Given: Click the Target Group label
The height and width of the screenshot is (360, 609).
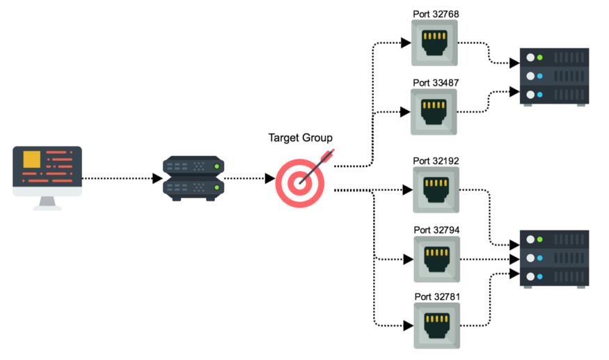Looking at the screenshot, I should (301, 137).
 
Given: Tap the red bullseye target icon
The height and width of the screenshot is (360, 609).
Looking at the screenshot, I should (301, 182).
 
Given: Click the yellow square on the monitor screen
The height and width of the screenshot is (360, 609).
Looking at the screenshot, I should (32, 159).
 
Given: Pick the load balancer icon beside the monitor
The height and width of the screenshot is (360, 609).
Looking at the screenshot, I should (193, 178).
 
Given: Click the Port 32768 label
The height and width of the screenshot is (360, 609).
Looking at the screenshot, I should (436, 13).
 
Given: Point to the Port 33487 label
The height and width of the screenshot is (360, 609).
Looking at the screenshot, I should (436, 83).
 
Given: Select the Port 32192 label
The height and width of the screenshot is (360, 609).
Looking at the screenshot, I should (436, 161).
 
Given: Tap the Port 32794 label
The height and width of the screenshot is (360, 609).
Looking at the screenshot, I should (436, 229).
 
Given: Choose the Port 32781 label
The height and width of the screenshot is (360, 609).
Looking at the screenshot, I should (437, 297).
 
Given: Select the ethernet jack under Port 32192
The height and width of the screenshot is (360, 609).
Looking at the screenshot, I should (436, 189).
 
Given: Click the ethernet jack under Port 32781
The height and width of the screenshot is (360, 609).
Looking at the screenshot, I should (437, 325).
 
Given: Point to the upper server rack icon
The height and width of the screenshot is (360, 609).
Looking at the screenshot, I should (554, 76).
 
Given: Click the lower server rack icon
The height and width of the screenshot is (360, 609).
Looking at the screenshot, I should (554, 258).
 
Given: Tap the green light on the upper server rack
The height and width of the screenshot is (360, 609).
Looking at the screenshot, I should (539, 57).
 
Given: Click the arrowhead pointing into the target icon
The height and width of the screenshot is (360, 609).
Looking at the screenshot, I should (269, 178).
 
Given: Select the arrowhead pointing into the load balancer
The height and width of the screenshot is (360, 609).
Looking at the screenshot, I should (157, 178).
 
